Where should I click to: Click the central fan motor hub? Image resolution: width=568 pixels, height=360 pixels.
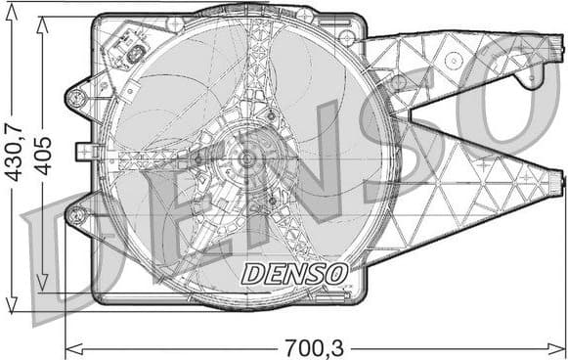pyautogui.click(x=245, y=157)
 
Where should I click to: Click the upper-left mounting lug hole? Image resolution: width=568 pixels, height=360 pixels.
pyautogui.click(x=75, y=97)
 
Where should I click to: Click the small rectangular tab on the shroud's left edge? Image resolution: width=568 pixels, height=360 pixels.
pyautogui.click(x=83, y=151)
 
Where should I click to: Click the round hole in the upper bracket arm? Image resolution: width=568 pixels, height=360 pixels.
pyautogui.click(x=453, y=59)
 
